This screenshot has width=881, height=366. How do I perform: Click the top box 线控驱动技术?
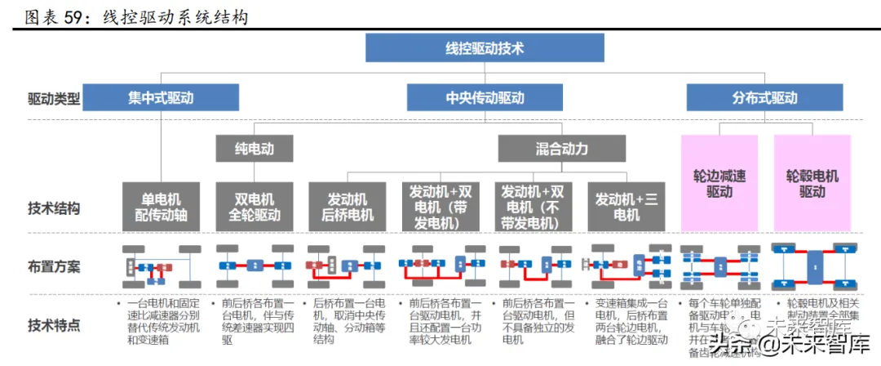tap(485, 48)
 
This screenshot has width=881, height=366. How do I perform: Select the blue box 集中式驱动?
tap(161, 97)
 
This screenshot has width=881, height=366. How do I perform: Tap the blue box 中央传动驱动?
tap(485, 97)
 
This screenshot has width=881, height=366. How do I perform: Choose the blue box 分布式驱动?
tap(764, 97)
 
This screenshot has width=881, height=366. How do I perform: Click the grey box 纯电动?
tap(255, 149)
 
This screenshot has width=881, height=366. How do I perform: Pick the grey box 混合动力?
tap(561, 149)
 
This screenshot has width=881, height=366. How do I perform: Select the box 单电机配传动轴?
tap(162, 207)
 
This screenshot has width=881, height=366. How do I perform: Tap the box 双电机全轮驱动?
tap(255, 207)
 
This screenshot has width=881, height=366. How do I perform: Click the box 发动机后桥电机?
tap(347, 207)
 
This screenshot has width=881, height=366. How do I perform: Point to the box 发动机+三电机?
tap(626, 207)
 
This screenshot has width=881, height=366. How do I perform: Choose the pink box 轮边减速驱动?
tap(719, 183)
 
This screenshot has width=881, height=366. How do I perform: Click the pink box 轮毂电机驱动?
tap(812, 183)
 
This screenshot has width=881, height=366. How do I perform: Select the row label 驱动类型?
tap(54, 99)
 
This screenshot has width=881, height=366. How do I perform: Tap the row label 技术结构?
tap(54, 208)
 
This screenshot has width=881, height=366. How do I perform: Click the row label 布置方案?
tap(54, 266)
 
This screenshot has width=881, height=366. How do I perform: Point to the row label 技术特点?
tap(54, 325)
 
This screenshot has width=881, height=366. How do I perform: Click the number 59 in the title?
tap(72, 16)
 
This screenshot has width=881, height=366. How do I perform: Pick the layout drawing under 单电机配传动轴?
tap(162, 266)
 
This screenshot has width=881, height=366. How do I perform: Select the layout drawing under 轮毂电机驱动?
tap(812, 266)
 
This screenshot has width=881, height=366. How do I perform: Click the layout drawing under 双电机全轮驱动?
tap(255, 266)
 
